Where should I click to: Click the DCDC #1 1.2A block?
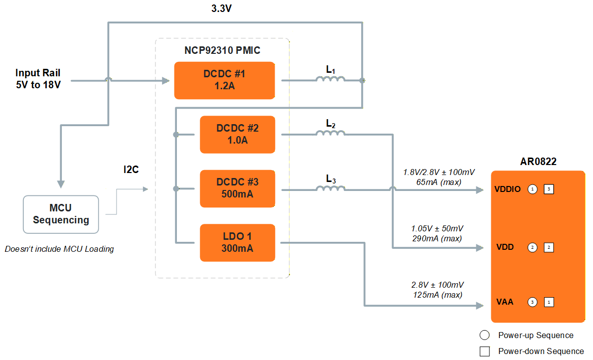coord(224,80)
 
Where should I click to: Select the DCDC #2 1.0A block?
coord(237,134)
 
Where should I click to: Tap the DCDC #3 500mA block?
coord(237,188)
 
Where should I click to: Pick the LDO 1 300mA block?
coord(237,243)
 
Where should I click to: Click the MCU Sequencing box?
coord(61,214)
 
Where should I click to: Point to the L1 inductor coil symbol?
coord(330,79)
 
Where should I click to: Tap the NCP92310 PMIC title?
coord(222,50)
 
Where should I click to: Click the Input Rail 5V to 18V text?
coord(38,79)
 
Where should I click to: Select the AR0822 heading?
coord(538,162)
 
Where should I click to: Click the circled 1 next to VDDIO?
coord(532,189)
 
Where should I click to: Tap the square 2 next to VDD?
coord(549,247)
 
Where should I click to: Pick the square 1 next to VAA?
coord(549,302)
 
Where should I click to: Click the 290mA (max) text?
coord(438,238)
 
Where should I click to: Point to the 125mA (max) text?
coord(438,295)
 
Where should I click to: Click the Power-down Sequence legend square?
coord(484,351)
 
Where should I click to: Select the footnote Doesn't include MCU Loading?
coord(59,249)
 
